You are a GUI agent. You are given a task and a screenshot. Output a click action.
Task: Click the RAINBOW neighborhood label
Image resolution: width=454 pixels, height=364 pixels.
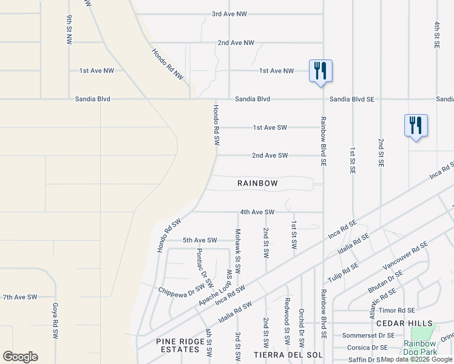point(257,183)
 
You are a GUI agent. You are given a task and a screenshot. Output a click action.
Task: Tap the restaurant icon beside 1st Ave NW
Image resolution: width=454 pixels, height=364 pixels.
point(320,70)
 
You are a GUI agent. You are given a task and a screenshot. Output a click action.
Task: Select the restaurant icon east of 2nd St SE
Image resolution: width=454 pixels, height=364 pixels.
point(416,126)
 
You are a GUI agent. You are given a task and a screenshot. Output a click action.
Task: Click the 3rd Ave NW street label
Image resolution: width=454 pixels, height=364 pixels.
point(229,13)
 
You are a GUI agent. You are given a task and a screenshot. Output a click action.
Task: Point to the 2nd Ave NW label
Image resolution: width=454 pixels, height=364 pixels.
point(235,43)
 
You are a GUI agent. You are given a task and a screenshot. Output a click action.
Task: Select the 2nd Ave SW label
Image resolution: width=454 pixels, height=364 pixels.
point(270,155)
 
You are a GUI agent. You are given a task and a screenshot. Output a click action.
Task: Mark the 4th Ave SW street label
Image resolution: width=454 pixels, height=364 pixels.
point(257,212)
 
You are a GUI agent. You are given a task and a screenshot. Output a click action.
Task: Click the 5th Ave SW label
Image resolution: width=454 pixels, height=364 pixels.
point(200,240)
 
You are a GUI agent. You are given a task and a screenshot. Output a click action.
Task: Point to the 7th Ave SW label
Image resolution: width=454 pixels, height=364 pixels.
point(20,297)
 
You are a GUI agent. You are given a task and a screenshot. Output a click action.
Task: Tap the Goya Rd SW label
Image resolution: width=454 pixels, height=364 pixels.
point(55,322)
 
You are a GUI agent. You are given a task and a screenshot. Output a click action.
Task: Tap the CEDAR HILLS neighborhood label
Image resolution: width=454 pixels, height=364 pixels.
point(413,323)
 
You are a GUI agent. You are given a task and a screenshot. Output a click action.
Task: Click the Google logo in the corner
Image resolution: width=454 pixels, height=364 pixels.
point(20,357)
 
